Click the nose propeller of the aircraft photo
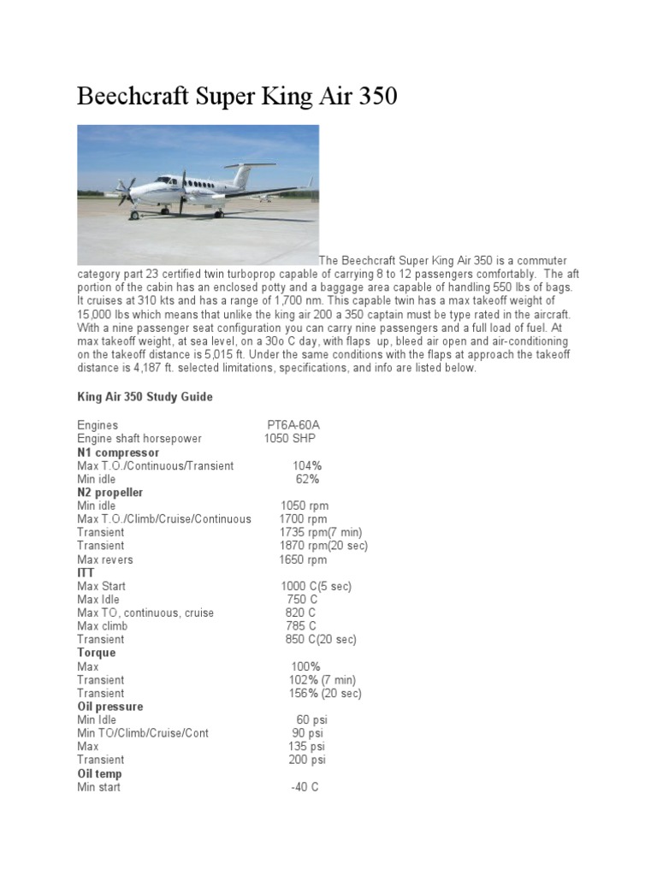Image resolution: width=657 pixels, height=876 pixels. tap(126, 192)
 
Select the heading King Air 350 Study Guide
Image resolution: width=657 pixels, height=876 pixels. tap(145, 397)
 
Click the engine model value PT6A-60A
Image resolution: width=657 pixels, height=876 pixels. tap(293, 425)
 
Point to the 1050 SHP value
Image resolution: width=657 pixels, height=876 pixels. tap(290, 439)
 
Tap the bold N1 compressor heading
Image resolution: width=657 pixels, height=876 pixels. tap(118, 452)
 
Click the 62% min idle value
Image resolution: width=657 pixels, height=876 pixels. tap(307, 479)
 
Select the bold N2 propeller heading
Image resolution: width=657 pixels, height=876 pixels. tap(110, 493)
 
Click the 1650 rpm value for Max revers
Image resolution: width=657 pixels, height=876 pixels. tap(303, 559)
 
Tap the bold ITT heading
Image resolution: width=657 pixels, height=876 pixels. tap(86, 572)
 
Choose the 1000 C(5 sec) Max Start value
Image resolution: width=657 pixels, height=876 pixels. tap(316, 586)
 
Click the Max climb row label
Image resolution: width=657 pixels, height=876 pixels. tap(102, 626)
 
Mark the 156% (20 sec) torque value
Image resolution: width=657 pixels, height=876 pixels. tap(325, 693)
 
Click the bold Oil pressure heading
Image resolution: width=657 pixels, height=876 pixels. tap(110, 707)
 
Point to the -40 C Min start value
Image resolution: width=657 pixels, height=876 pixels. tap(305, 787)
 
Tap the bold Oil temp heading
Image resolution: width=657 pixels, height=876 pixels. tap(99, 773)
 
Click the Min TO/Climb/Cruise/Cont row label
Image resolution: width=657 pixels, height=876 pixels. tap(143, 733)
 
